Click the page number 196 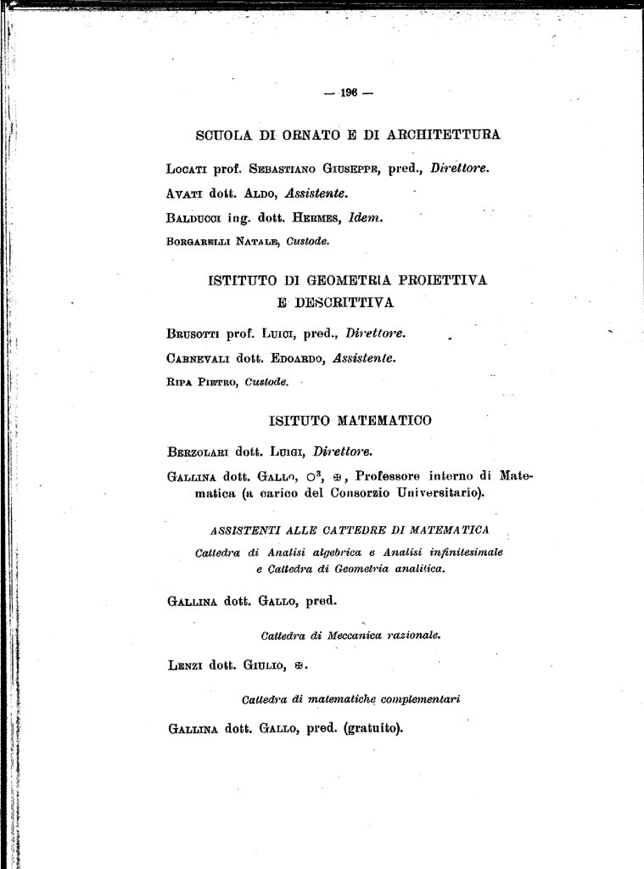[348, 94]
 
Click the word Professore [390, 475]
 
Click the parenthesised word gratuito [373, 728]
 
